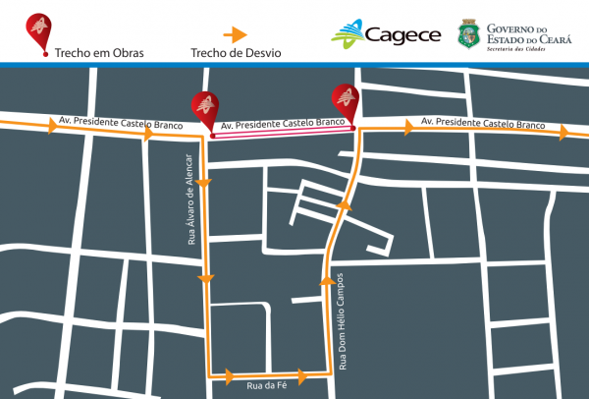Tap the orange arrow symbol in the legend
(234, 33)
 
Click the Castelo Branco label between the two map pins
(283, 125)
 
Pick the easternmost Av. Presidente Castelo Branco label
(482, 123)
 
